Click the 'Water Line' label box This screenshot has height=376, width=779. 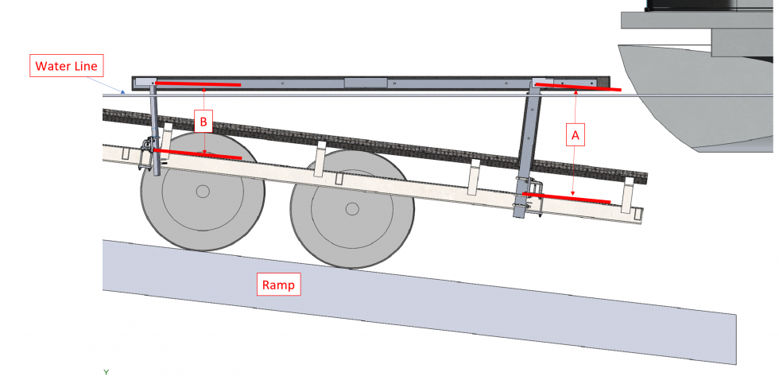click(x=65, y=65)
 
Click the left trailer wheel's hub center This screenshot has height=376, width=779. click(x=203, y=191)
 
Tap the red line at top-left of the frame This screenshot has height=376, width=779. click(x=197, y=82)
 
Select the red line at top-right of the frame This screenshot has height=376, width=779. click(x=577, y=86)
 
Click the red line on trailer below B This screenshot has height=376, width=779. click(x=197, y=153)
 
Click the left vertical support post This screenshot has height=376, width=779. click(x=153, y=127)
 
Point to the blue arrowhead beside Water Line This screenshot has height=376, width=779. click(x=122, y=91)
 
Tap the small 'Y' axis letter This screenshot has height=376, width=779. click(x=106, y=371)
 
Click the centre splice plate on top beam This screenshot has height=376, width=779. click(x=365, y=82)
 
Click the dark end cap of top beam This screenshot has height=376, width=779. click(x=607, y=82)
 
